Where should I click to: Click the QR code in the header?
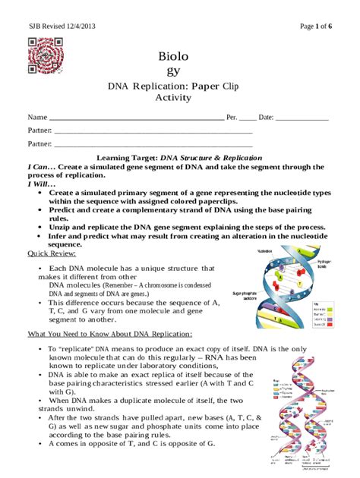(43, 56)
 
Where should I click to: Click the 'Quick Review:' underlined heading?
(56, 253)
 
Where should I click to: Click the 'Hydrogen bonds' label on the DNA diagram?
(324, 263)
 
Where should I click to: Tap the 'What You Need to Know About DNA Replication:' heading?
(110, 334)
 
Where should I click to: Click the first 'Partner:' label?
(40, 131)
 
